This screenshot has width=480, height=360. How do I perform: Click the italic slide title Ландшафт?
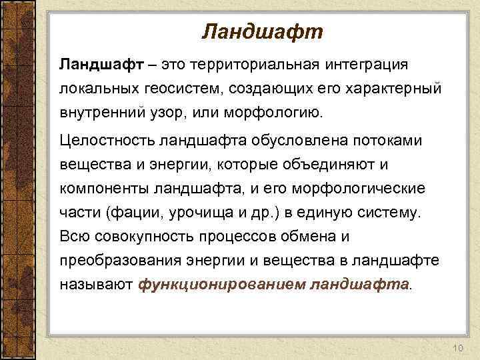pos(262,31)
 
